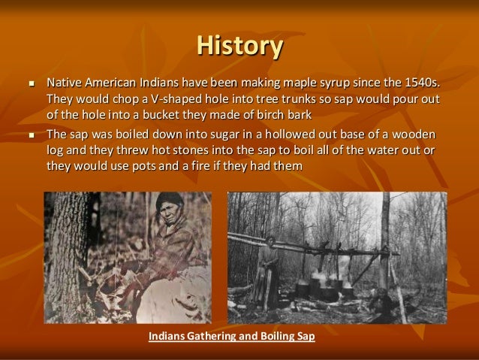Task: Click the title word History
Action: (x=239, y=46)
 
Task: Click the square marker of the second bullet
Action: (x=29, y=135)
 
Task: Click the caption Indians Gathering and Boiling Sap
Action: (x=231, y=336)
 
